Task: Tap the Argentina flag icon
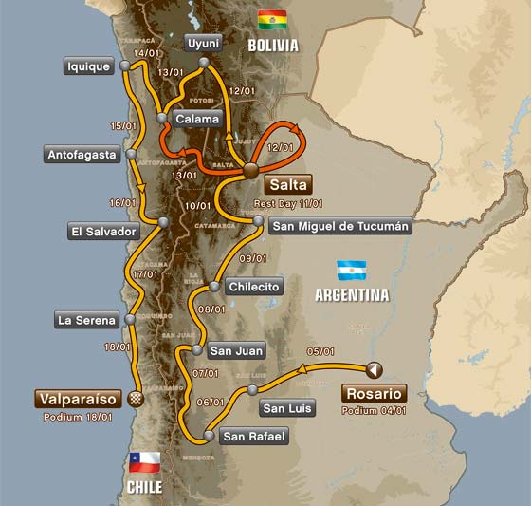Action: (352, 270)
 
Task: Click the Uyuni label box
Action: (203, 43)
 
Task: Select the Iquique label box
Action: (88, 66)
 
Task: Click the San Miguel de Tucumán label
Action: (340, 226)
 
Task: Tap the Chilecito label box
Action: (254, 287)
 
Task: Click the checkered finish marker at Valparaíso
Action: (135, 397)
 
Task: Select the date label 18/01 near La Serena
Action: (119, 347)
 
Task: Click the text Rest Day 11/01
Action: (288, 202)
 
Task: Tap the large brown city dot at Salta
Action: (250, 171)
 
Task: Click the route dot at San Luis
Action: (251, 389)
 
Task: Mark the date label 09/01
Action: (254, 258)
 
